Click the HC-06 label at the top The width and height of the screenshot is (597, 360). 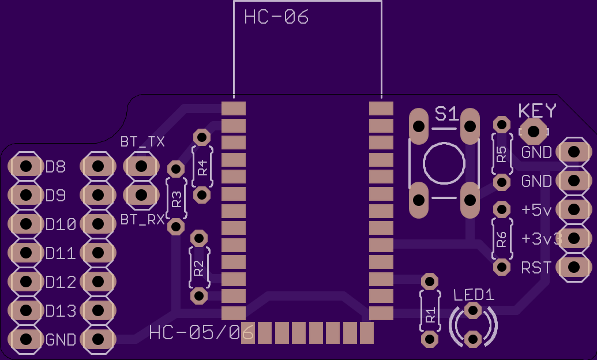[276, 17]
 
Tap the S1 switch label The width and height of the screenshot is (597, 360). [446, 114]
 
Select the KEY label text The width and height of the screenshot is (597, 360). [537, 110]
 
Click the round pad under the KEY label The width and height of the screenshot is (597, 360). [534, 132]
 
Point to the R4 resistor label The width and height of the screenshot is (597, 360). [203, 168]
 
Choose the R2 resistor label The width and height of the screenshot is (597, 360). [199, 268]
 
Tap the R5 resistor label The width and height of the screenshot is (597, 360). [502, 154]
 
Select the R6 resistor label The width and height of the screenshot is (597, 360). [502, 239]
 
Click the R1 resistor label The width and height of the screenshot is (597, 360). [430, 316]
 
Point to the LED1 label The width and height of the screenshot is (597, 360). [474, 295]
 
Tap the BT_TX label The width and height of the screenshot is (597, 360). [142, 142]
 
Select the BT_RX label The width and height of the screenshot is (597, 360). [142, 219]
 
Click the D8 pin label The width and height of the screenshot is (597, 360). [55, 167]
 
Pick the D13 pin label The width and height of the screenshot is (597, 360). [61, 311]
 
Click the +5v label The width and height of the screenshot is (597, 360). [536, 209]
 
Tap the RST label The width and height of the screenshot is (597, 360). [536, 268]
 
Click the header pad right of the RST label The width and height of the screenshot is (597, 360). [574, 267]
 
